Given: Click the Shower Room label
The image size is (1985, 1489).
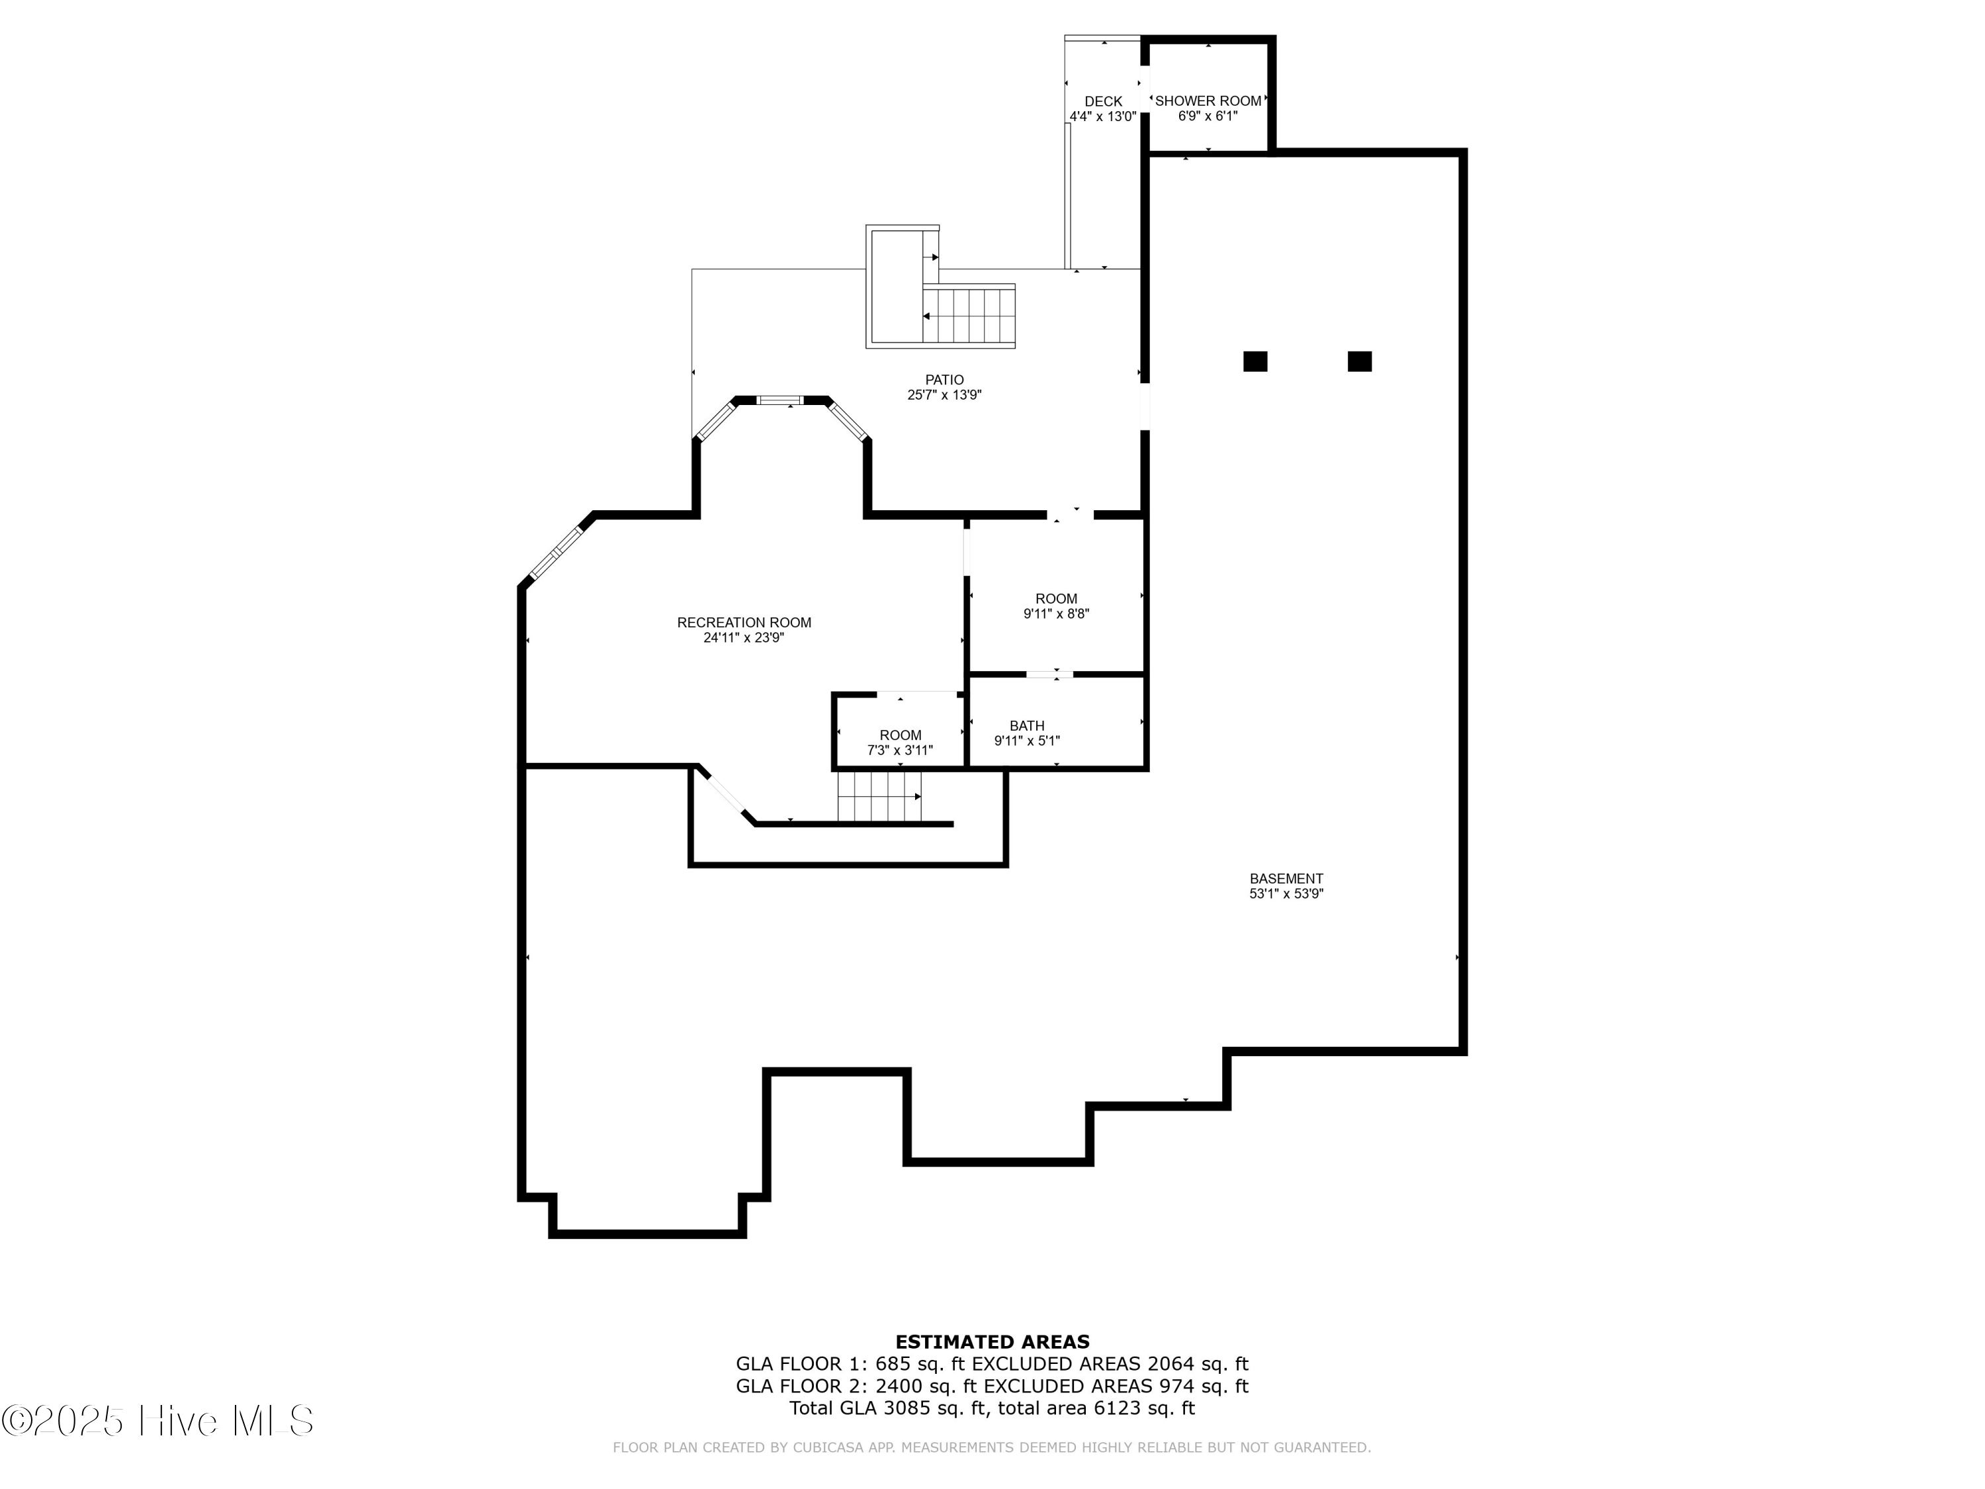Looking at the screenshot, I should [1207, 101].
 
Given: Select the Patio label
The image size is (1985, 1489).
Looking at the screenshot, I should [944, 380].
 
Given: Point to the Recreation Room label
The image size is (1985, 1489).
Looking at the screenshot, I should [743, 622].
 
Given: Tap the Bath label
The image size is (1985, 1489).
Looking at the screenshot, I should [1027, 725].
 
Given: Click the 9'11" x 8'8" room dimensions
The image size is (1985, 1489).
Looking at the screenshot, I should [1056, 614].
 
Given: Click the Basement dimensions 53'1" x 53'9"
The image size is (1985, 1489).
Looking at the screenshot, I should [1286, 894].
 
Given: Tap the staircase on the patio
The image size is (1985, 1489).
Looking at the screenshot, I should [969, 315].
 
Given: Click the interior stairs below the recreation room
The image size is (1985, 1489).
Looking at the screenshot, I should [879, 797].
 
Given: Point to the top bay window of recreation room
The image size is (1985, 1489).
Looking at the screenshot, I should [780, 400].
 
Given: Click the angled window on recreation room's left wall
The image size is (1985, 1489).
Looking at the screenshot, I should [556, 552].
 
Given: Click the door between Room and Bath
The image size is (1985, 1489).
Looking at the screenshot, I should [1049, 674].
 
